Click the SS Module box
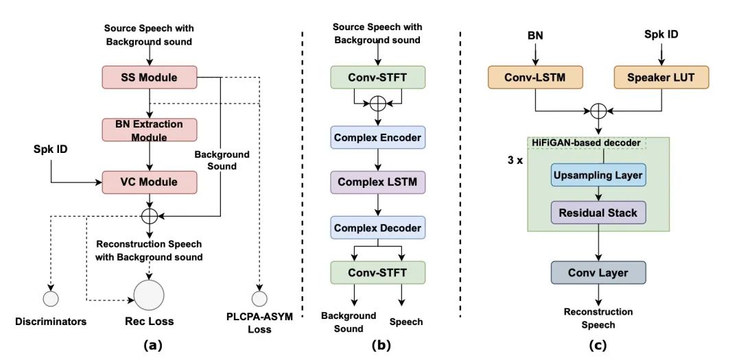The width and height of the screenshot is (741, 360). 149,77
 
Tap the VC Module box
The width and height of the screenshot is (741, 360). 149,182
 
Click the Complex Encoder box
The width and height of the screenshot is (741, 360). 378,138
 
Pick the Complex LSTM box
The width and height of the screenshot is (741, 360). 378,182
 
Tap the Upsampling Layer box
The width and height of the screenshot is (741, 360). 597,176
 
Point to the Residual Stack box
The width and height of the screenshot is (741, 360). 597,213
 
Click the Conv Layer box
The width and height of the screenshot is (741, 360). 597,273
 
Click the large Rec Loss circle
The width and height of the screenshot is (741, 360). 149,295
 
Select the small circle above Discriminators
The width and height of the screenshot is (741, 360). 51,298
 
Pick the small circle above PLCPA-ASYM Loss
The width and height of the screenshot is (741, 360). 259,298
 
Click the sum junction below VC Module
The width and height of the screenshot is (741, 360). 149,215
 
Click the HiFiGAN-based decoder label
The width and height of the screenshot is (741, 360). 587,143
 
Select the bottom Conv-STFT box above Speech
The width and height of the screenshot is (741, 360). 378,273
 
